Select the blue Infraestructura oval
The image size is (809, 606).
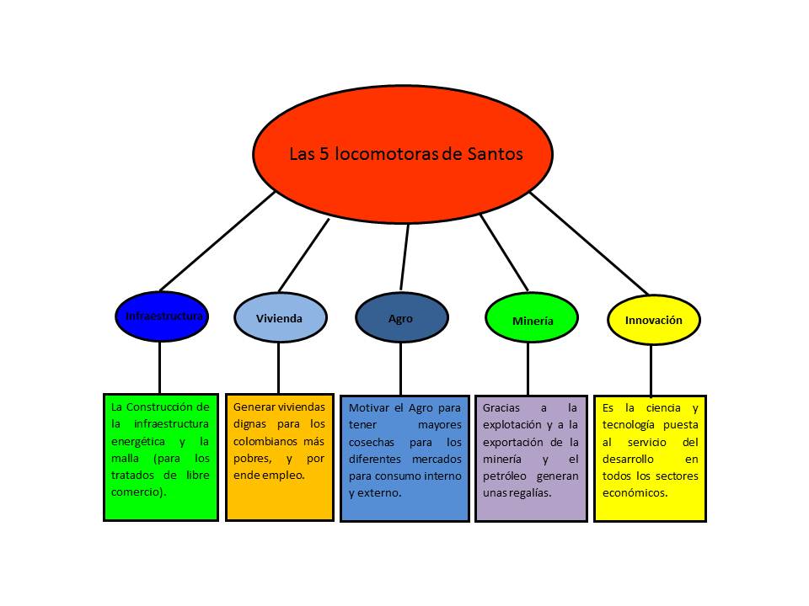(x=159, y=316)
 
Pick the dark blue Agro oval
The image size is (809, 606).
(x=401, y=318)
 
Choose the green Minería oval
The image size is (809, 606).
(x=532, y=320)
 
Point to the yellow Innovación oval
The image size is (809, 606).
(x=653, y=320)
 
